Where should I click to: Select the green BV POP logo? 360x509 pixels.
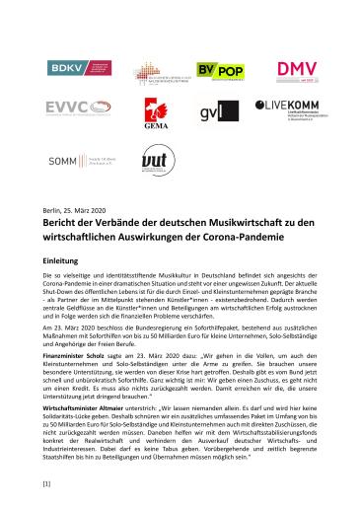pyautogui.click(x=216, y=71)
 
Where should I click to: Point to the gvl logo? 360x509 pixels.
pyautogui.click(x=214, y=112)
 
